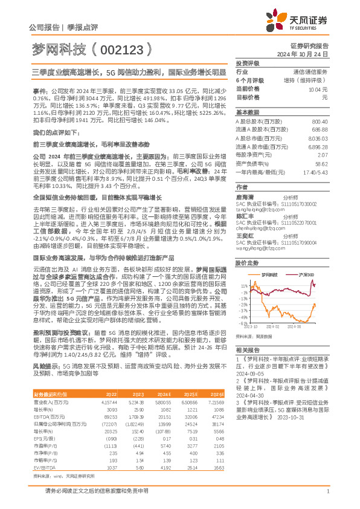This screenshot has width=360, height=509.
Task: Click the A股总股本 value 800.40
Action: click(320, 122)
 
